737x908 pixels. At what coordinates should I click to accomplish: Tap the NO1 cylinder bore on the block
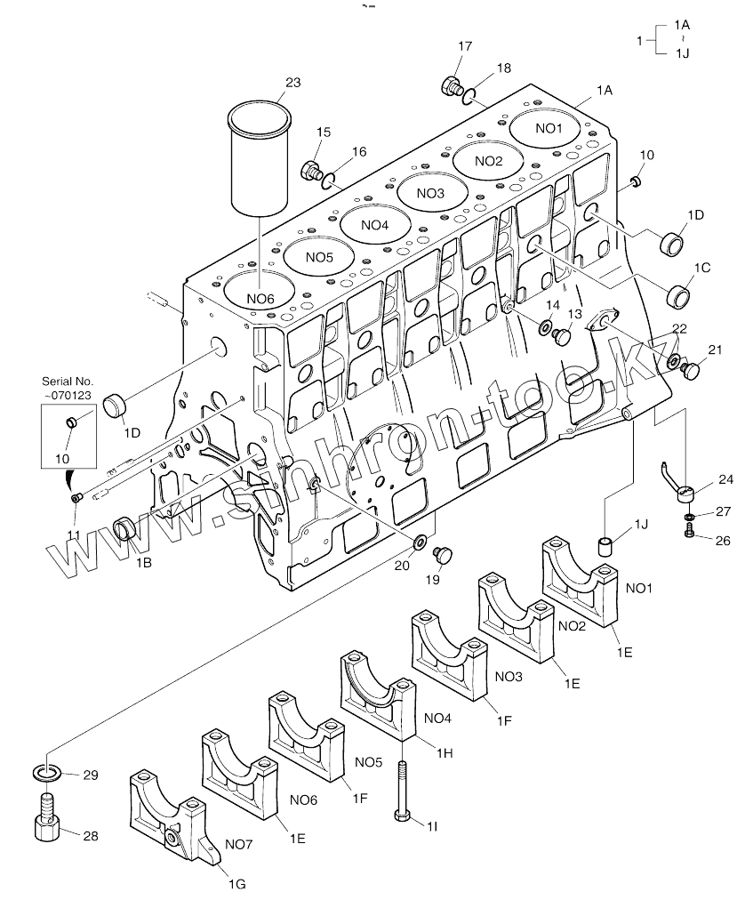(x=549, y=129)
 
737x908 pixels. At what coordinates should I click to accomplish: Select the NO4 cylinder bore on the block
(x=375, y=225)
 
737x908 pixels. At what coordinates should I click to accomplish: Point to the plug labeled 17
(x=451, y=86)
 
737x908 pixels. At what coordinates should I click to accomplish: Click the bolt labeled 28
(x=46, y=826)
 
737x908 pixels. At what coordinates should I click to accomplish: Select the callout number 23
(x=292, y=83)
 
